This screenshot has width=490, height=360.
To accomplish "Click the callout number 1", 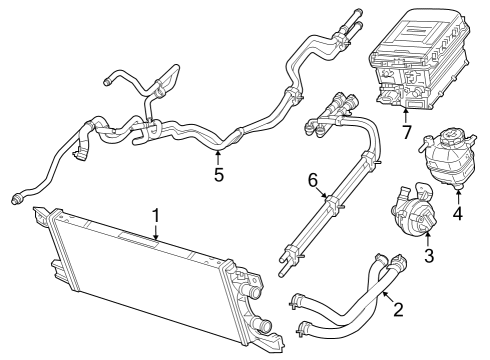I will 156,214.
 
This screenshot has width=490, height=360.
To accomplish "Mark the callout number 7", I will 407,132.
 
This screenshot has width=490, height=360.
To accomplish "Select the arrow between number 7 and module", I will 407,113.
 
